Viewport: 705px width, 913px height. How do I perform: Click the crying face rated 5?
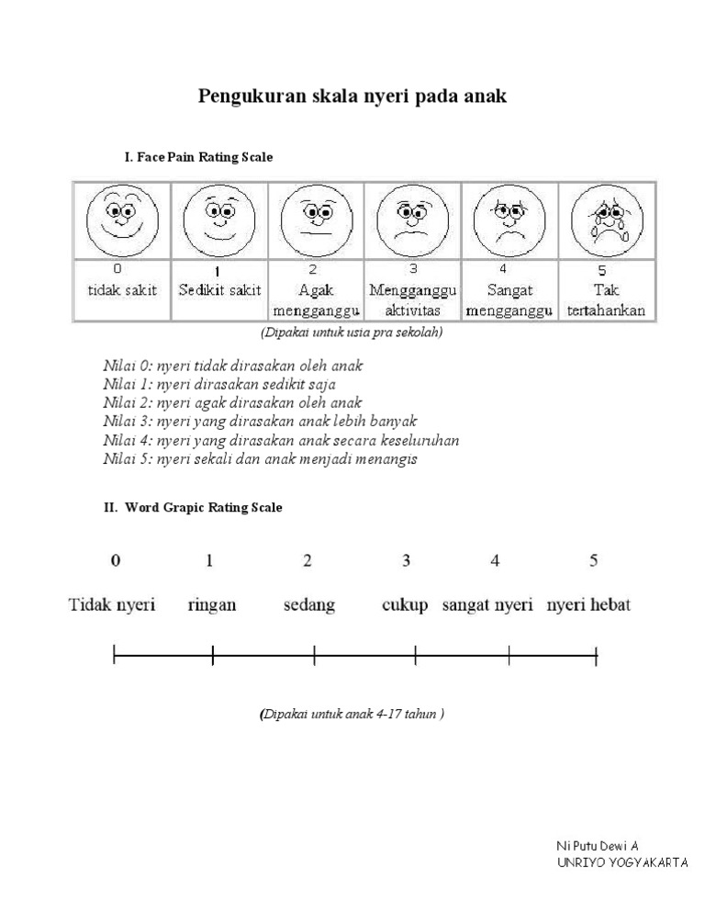tap(605, 221)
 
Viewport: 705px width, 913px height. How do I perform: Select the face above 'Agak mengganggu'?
tap(314, 221)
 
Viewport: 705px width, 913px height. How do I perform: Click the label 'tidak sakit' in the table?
tap(122, 290)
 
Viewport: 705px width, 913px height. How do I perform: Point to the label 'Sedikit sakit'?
tap(219, 290)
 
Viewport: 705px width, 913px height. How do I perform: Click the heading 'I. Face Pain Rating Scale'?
tap(198, 157)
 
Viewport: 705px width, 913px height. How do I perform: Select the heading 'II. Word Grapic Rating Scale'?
tap(193, 507)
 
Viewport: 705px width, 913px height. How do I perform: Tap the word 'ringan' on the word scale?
tap(211, 605)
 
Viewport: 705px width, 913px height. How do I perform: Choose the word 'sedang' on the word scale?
tap(308, 605)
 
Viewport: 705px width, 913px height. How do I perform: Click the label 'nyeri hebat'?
tap(588, 605)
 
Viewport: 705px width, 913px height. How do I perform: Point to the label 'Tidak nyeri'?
tap(113, 605)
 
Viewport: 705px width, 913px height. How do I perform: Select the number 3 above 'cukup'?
tap(406, 560)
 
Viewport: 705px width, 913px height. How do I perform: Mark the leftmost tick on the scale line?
tap(114, 655)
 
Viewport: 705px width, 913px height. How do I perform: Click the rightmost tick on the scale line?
tap(597, 655)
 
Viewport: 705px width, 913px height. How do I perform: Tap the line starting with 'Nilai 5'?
tap(260, 459)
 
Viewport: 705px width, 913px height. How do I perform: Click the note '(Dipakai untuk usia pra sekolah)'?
tap(352, 333)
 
